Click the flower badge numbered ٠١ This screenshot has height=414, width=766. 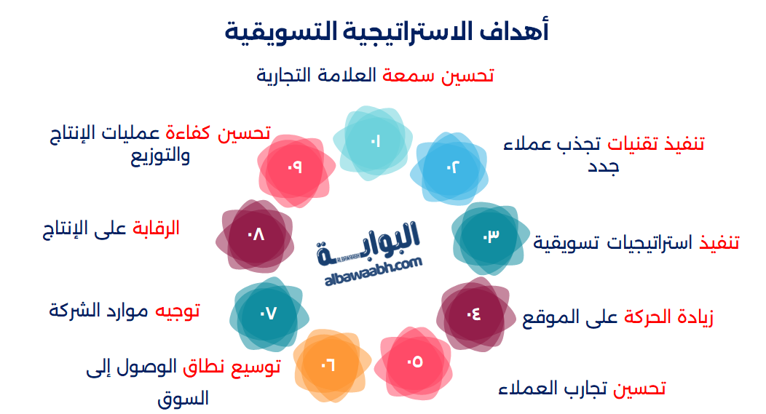373,141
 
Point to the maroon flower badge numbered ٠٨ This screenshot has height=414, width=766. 256,236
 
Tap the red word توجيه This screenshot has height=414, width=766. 175,311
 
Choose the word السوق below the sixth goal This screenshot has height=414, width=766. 183,398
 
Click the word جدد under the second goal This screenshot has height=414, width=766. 604,167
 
